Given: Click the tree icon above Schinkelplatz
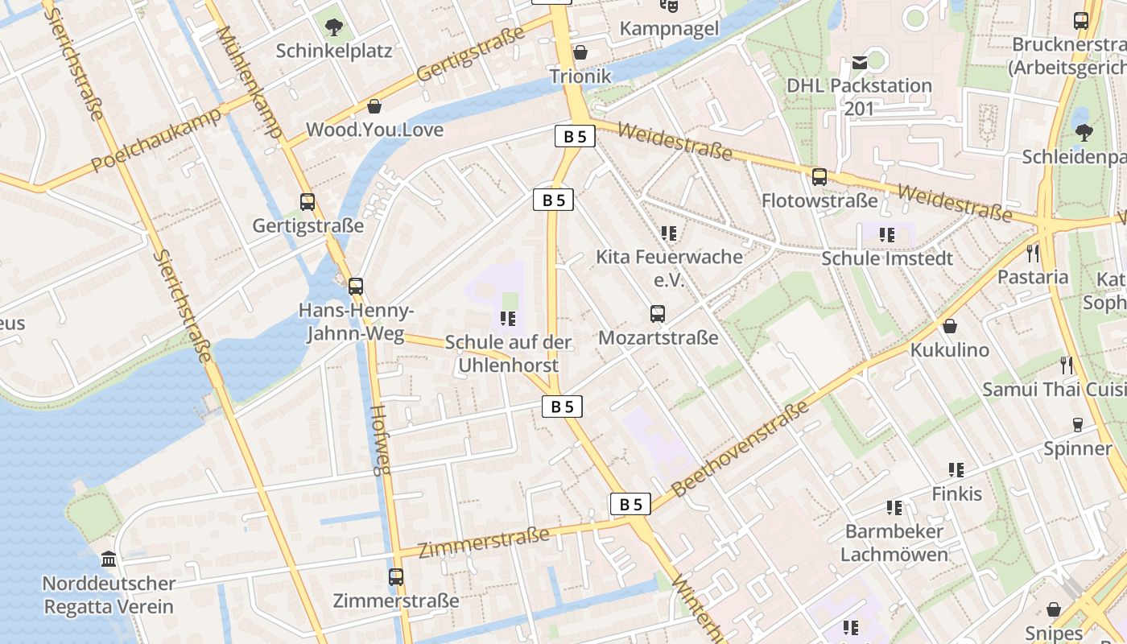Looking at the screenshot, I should pyautogui.click(x=333, y=27).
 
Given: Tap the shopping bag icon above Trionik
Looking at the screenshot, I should pyautogui.click(x=580, y=53).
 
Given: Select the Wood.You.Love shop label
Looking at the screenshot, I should pyautogui.click(x=374, y=130).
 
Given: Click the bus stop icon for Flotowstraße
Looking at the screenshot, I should pyautogui.click(x=819, y=177).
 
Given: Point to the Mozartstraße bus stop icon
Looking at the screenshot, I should pyautogui.click(x=658, y=314).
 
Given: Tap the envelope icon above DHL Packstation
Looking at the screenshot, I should pyautogui.click(x=859, y=62).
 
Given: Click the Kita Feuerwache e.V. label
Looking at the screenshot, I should pyautogui.click(x=669, y=268).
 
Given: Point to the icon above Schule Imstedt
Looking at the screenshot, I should pyautogui.click(x=886, y=235).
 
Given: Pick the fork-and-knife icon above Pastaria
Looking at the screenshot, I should pyautogui.click(x=1033, y=254).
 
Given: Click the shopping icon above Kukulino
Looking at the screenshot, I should pyautogui.click(x=950, y=327).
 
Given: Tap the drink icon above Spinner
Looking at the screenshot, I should pyautogui.click(x=1078, y=425).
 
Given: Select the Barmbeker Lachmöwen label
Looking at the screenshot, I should pyautogui.click(x=894, y=543).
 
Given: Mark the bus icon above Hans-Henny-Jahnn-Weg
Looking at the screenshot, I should pyautogui.click(x=355, y=287).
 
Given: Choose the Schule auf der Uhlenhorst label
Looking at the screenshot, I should pyautogui.click(x=508, y=353).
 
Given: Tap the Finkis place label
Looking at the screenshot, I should pyautogui.click(x=957, y=493).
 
